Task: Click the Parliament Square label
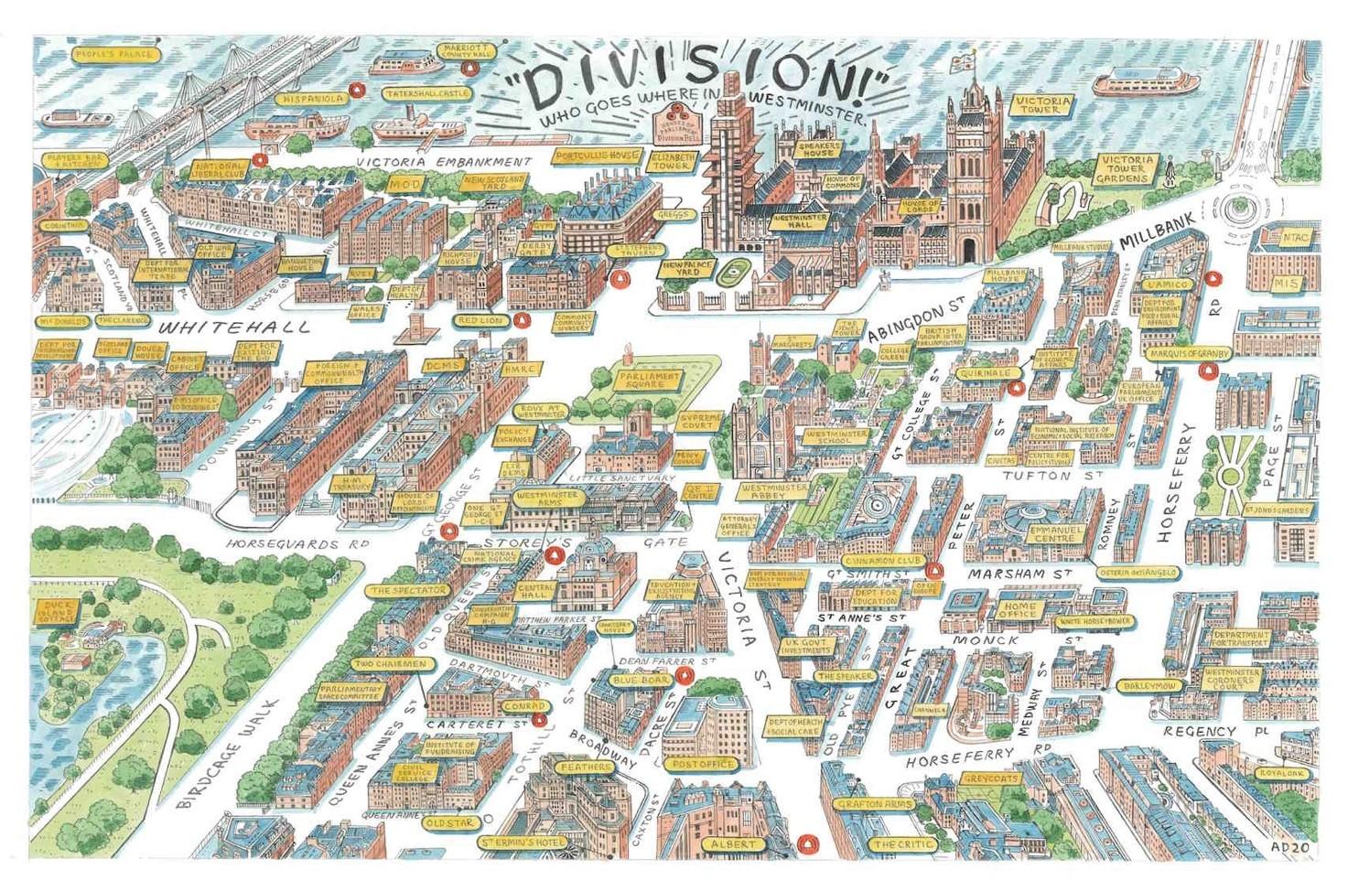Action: tap(648, 381)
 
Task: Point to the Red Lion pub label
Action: tap(480, 321)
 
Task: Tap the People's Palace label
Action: tap(112, 55)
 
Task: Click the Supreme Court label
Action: tap(701, 422)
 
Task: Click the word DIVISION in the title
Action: tap(700, 82)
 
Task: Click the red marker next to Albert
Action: tap(806, 843)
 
